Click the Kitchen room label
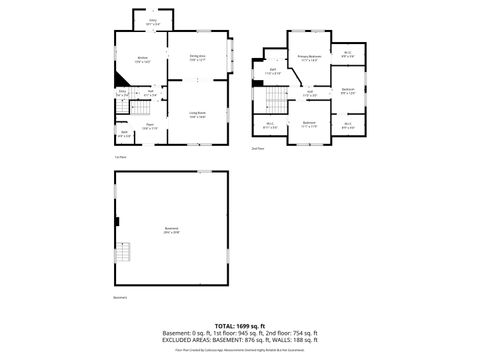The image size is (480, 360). click(x=142, y=59)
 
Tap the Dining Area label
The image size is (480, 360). click(x=198, y=57)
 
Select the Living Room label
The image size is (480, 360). click(x=198, y=115)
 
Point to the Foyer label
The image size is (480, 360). click(x=148, y=126)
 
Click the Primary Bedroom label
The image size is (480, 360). click(x=308, y=58)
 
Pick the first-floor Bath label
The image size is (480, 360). click(x=124, y=133)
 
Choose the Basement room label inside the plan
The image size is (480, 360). click(x=171, y=231)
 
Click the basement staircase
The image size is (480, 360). click(x=123, y=252)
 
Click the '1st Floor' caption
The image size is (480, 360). click(x=119, y=156)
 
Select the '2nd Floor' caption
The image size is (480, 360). click(x=258, y=149)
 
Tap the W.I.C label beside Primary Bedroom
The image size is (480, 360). click(x=347, y=54)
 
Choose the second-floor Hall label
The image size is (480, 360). click(x=311, y=94)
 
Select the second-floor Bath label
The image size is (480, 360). click(x=271, y=70)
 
